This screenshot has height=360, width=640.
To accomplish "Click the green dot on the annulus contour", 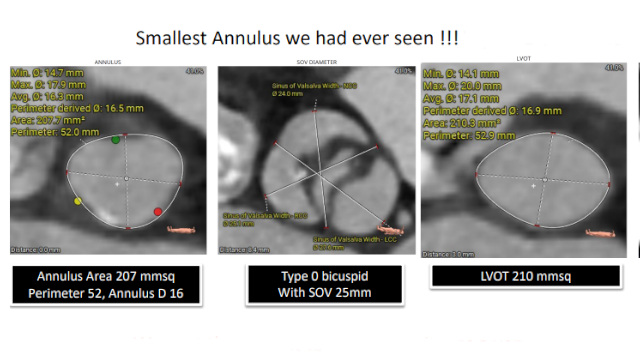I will coord(116,140).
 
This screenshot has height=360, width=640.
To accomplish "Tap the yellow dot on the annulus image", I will coord(79,202).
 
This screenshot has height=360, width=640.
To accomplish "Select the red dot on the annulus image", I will coord(158,211).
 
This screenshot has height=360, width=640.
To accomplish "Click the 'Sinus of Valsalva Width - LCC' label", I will coord(347,240).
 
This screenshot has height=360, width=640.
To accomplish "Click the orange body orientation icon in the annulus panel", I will coord(176,229).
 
